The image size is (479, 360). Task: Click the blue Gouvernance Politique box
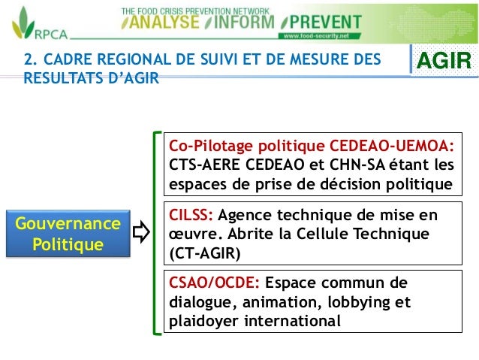point(74,234)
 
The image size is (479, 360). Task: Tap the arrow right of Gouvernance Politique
point(141,234)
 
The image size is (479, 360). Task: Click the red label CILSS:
point(191,216)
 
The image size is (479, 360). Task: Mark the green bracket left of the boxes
point(155,234)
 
